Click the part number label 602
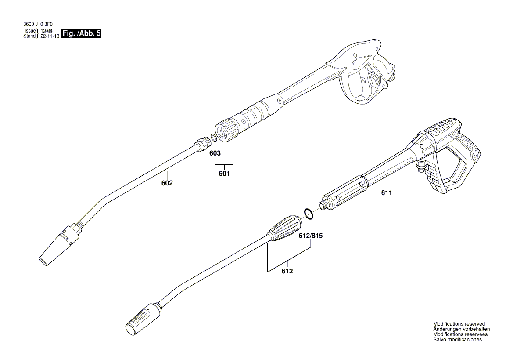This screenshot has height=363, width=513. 167,183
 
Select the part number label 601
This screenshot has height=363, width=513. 224,174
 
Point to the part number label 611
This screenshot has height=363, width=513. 387,192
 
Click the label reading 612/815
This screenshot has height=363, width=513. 310,236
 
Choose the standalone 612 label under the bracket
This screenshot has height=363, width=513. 287,271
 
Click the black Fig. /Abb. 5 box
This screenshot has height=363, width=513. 82,33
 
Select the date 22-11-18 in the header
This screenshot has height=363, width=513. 49,36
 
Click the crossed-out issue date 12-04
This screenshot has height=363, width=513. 46,31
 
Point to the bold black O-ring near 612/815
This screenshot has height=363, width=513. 309,214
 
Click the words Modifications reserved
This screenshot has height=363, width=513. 459,324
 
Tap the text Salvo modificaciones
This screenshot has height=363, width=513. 457,340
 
